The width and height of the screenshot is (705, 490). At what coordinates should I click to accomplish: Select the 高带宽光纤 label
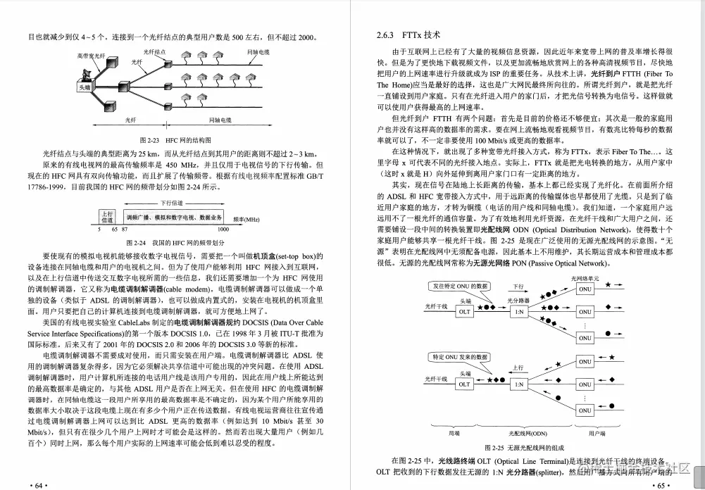click(x=92, y=56)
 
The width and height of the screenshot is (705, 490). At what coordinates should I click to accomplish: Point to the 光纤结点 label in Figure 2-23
click(x=154, y=51)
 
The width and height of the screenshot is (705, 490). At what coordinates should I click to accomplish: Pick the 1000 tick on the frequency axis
click(x=223, y=230)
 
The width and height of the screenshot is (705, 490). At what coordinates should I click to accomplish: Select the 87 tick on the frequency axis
click(x=125, y=230)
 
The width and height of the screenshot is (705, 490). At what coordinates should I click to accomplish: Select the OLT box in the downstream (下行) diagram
click(x=464, y=311)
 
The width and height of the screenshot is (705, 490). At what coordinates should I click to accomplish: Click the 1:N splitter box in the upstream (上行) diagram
click(x=518, y=384)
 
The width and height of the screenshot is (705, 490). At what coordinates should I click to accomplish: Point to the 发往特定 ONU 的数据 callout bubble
click(x=461, y=287)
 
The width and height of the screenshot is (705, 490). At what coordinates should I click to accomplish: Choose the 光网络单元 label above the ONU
click(x=585, y=279)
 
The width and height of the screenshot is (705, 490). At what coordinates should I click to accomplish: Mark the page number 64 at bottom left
click(x=37, y=484)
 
